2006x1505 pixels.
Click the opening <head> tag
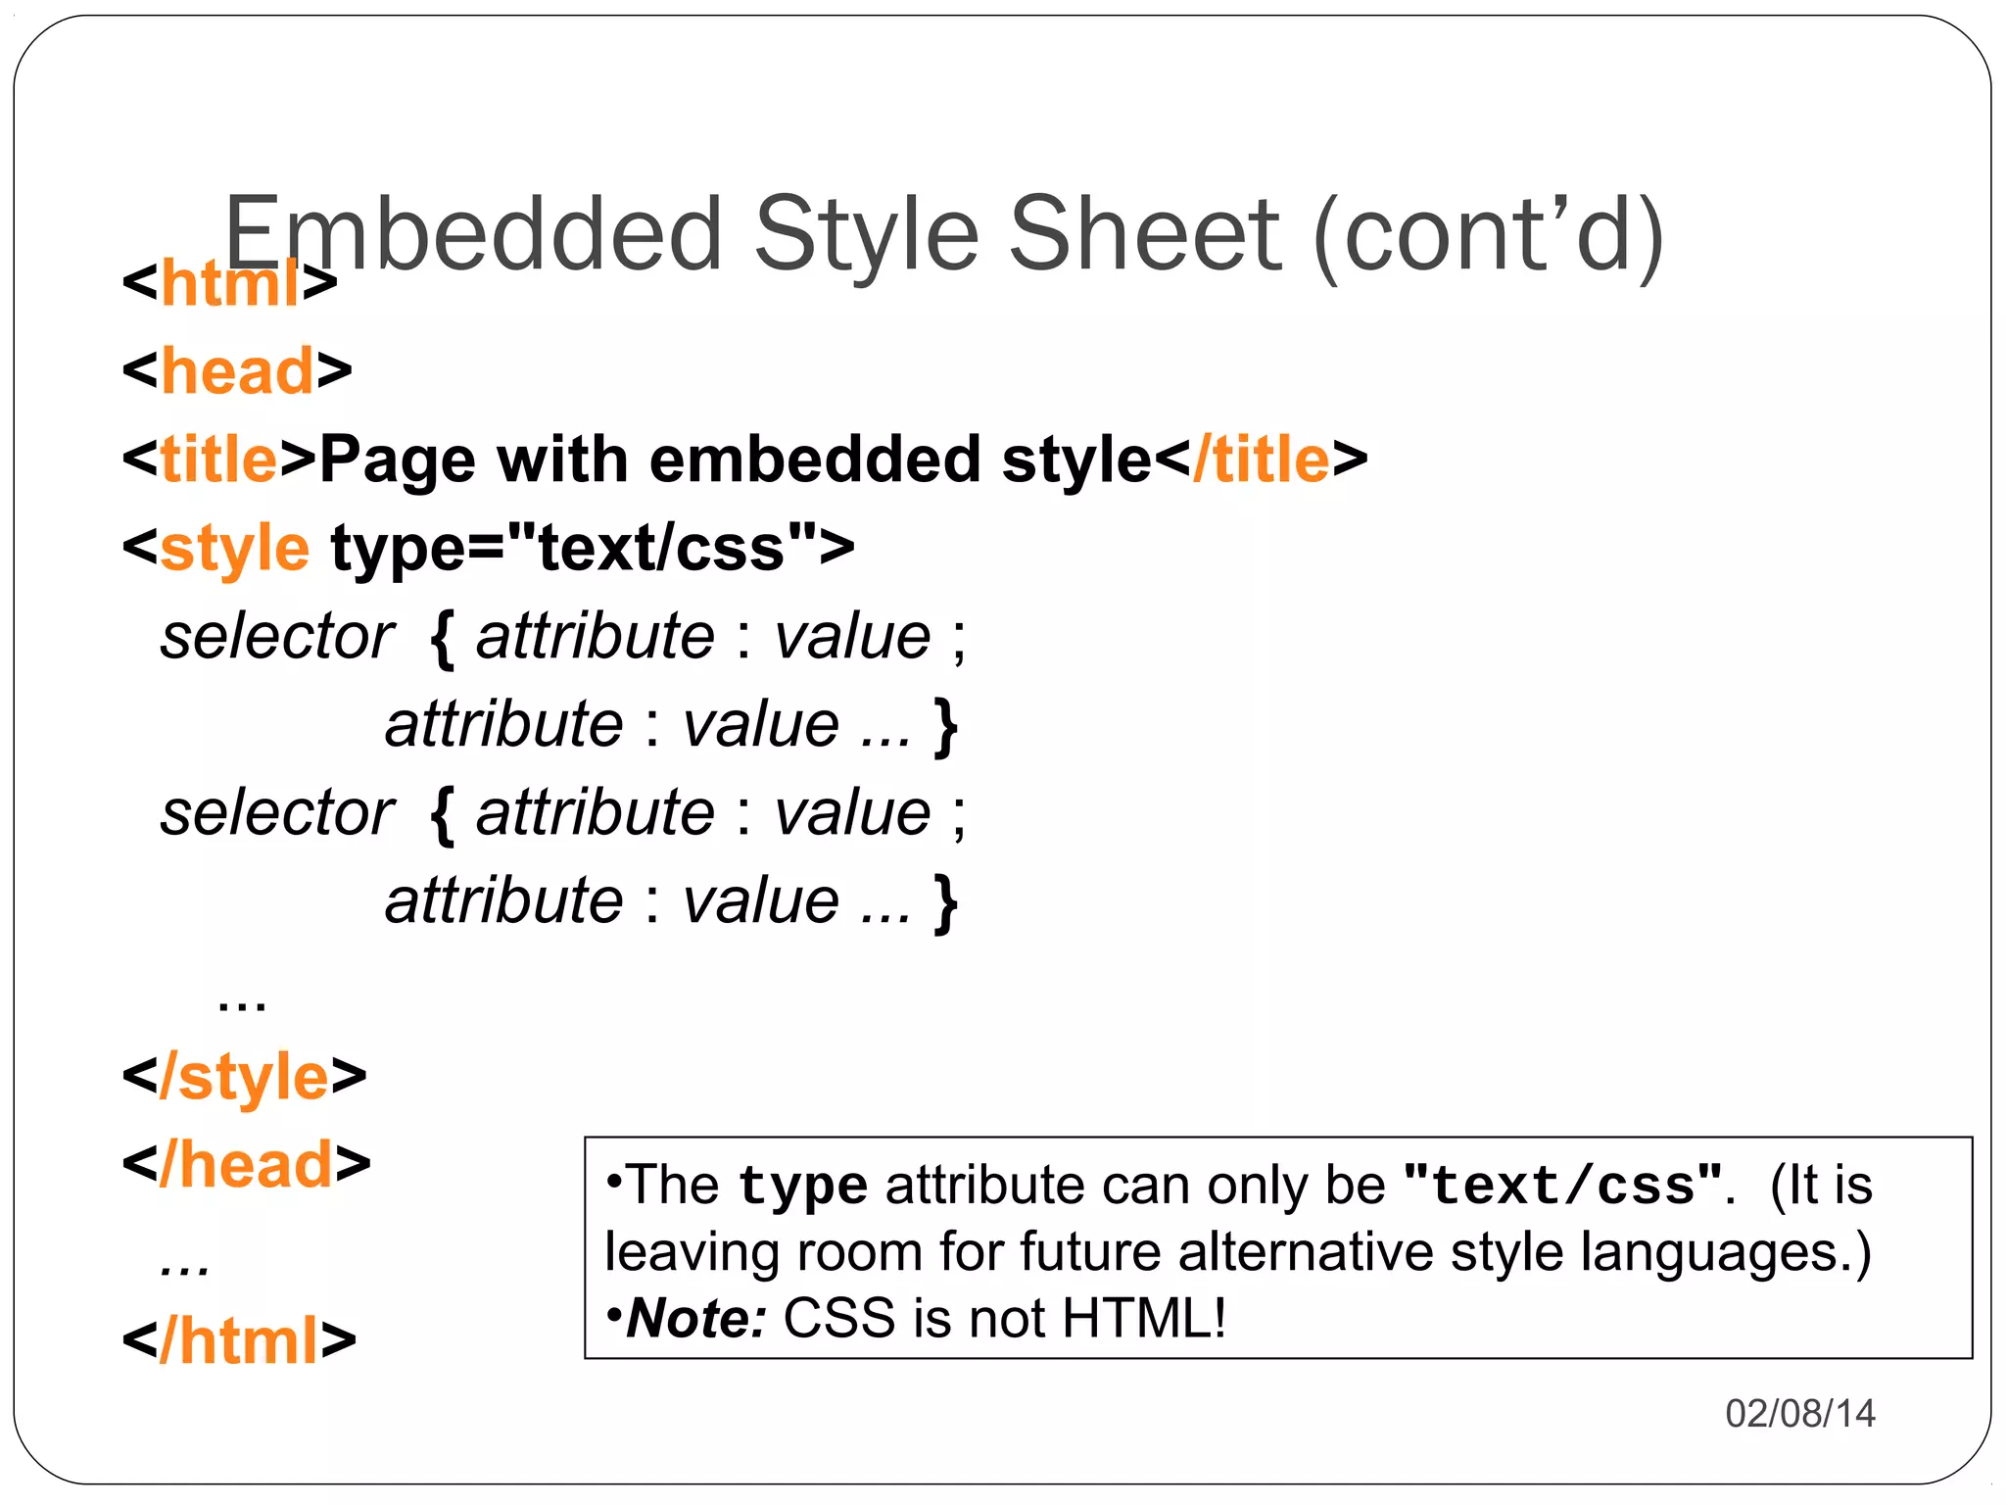[x=237, y=371]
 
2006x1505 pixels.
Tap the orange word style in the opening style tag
[x=235, y=549]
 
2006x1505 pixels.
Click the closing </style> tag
[x=244, y=1077]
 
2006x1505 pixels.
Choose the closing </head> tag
[x=246, y=1165]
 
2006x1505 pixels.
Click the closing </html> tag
[x=239, y=1341]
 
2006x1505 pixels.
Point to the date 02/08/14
[x=1799, y=1413]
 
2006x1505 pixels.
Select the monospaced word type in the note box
[x=802, y=1186]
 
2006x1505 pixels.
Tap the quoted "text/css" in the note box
[x=1562, y=1186]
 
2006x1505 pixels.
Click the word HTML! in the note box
[x=1143, y=1319]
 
